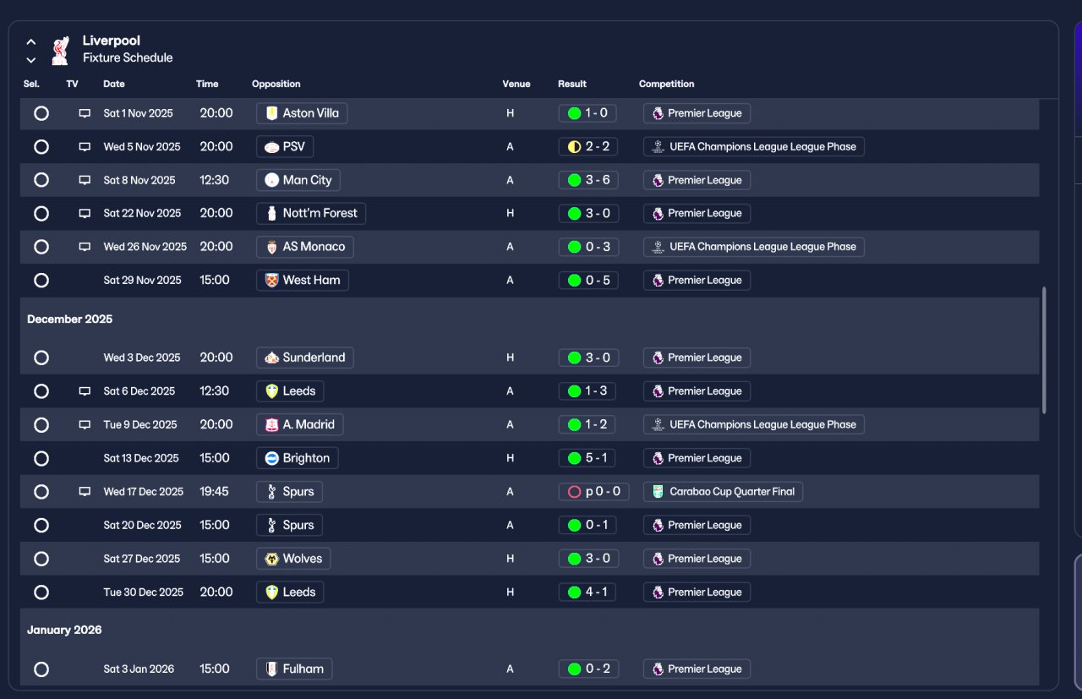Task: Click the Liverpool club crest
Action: [x=60, y=50]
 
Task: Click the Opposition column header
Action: [x=276, y=84]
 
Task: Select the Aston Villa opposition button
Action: [x=302, y=113]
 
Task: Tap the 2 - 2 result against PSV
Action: [x=587, y=146]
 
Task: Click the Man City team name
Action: [x=307, y=180]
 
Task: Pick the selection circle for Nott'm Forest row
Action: [x=41, y=213]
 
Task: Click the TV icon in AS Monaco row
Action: [x=85, y=247]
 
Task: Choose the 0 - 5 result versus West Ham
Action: [x=588, y=280]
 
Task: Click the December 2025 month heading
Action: [x=69, y=319]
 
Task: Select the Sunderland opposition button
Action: [x=305, y=358]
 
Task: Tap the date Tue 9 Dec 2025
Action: [x=140, y=424]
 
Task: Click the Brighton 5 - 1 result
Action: [x=587, y=458]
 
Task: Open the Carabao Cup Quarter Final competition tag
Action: [x=723, y=492]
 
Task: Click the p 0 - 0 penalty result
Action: [x=593, y=492]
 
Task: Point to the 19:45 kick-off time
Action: [x=214, y=491]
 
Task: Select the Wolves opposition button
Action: [x=293, y=559]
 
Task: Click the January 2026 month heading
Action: [x=64, y=630]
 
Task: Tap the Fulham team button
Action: [x=294, y=669]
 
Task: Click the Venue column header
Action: [x=516, y=84]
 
